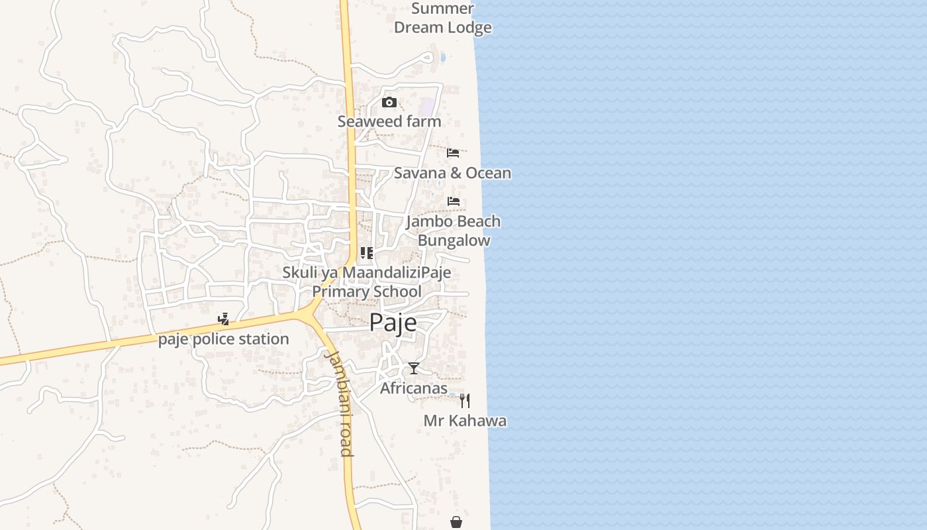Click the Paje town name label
click(x=393, y=323)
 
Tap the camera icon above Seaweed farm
click(x=389, y=102)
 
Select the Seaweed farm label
click(x=389, y=122)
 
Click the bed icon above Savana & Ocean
click(x=453, y=153)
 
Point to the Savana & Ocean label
click(x=452, y=173)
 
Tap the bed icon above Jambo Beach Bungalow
click(x=454, y=201)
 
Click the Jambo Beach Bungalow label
click(x=454, y=231)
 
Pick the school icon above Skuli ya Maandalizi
click(x=367, y=253)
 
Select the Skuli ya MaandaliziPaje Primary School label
click(x=367, y=282)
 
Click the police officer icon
click(x=224, y=319)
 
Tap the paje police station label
click(x=224, y=339)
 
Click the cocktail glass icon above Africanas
click(x=414, y=368)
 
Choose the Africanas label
click(x=414, y=388)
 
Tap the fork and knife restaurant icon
click(x=465, y=401)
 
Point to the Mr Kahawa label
click(x=465, y=421)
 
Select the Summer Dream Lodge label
click(x=443, y=18)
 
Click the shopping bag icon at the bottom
click(x=456, y=522)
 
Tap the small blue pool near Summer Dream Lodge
click(x=442, y=57)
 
